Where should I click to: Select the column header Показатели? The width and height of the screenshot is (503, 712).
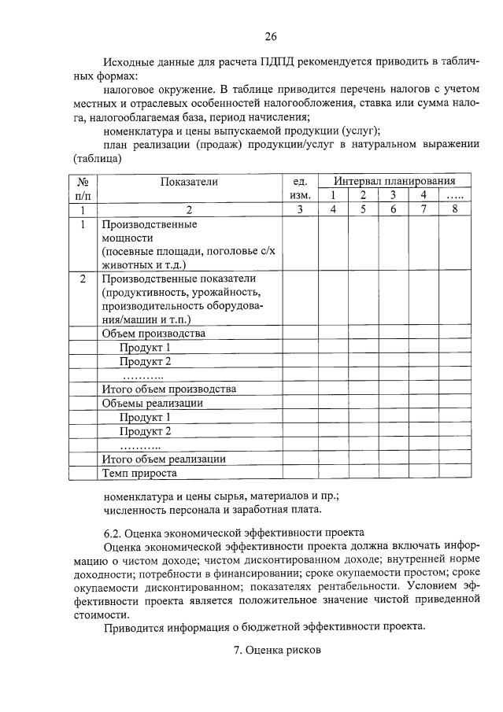click(x=189, y=182)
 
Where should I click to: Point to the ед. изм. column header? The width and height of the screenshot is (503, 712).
click(x=299, y=188)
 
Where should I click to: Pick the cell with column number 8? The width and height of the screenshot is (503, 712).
click(x=454, y=209)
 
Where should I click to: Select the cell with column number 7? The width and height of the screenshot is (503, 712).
click(x=423, y=209)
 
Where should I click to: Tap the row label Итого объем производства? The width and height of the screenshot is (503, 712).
click(x=169, y=389)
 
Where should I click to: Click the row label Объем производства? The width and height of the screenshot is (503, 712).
click(x=153, y=334)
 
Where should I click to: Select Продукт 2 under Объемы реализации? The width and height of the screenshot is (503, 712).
click(x=146, y=432)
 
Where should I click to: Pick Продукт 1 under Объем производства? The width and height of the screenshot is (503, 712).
click(x=146, y=348)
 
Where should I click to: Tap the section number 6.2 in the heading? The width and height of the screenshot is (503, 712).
click(x=113, y=533)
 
